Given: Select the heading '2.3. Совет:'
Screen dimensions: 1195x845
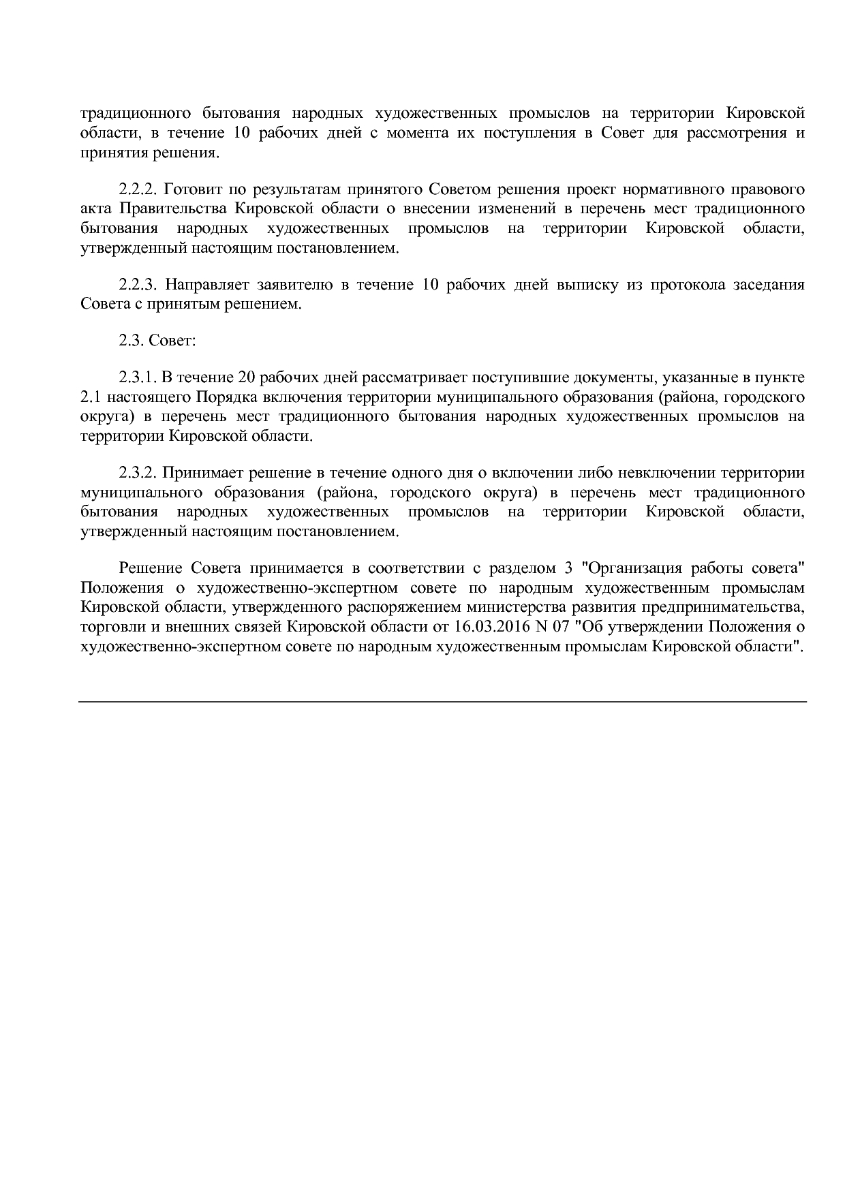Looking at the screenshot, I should pyautogui.click(x=157, y=340).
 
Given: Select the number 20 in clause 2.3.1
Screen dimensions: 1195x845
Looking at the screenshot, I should pyautogui.click(x=247, y=377).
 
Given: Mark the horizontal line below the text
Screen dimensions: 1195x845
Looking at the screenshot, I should pyautogui.click(x=442, y=701).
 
